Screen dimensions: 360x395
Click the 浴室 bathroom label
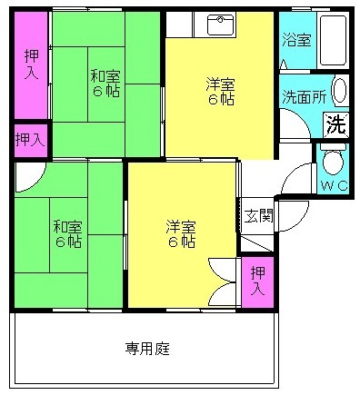296,40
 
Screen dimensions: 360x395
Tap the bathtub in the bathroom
333,40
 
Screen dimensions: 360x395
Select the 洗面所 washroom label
305,97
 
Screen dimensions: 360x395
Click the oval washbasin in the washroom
339,91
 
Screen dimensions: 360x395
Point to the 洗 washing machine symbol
336,124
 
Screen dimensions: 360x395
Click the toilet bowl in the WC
333,161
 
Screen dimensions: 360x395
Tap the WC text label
334,185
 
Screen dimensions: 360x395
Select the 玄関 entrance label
258,216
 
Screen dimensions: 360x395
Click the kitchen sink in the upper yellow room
221,25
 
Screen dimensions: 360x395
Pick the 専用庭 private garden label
147,349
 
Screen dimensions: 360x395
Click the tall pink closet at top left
31,64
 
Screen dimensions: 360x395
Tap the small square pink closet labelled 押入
31,140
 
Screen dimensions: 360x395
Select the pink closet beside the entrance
257,282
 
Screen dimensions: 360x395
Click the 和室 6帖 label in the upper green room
105,83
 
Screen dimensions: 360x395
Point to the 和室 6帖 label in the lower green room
68,233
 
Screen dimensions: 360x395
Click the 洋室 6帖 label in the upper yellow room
221,91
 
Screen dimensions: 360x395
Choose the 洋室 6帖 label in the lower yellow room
181,233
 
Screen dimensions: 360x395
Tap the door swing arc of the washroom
301,118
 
